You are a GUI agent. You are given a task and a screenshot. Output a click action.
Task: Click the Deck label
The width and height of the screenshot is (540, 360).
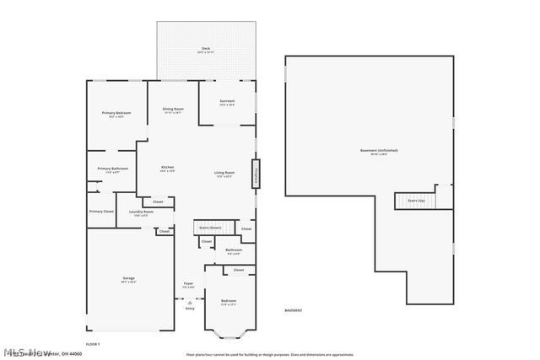point(205,49)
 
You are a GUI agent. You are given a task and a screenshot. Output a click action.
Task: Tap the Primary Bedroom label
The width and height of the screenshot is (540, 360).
point(116,113)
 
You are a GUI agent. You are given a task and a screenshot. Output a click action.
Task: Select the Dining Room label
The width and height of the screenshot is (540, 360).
point(173,109)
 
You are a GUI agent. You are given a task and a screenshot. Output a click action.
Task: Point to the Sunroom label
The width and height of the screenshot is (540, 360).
point(227,101)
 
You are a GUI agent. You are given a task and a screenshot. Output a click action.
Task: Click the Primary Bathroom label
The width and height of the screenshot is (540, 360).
point(112,169)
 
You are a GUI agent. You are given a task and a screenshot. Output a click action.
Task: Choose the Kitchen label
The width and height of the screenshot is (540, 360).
point(168,168)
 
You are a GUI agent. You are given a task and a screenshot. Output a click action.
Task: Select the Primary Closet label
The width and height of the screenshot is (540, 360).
point(101,211)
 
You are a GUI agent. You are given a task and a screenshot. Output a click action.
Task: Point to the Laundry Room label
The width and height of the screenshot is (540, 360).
point(140,212)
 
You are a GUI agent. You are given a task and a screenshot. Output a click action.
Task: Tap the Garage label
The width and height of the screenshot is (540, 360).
point(129,277)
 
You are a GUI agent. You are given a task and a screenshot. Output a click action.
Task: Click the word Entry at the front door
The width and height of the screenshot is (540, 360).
point(190,309)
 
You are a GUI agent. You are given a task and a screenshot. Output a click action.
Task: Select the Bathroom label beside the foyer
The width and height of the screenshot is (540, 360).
point(234,250)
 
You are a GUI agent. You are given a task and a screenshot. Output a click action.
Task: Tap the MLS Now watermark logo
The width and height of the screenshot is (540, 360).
point(25,352)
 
